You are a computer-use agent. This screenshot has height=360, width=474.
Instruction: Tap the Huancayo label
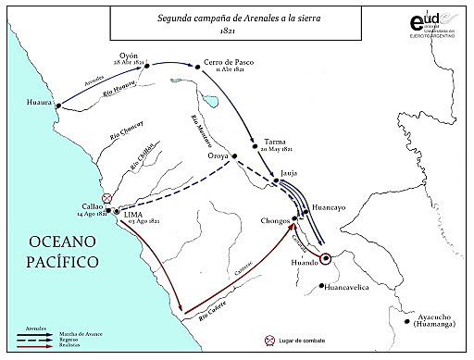[330, 208]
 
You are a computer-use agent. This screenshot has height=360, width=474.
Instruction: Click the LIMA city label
[137, 214]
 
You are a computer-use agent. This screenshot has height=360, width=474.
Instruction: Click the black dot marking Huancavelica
[320, 285]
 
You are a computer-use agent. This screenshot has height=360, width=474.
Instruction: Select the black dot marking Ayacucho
[410, 322]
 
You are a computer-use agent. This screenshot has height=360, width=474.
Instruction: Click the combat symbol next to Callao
[108, 198]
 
